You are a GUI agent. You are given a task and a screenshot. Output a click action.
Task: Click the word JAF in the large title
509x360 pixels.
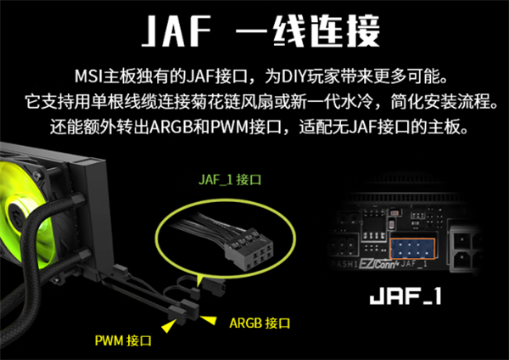tap(177, 31)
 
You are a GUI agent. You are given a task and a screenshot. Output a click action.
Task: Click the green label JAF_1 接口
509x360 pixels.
tap(230, 180)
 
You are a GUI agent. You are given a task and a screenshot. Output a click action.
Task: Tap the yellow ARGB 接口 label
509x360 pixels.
tap(260, 323)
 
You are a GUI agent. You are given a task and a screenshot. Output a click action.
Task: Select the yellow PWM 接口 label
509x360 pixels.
tap(123, 340)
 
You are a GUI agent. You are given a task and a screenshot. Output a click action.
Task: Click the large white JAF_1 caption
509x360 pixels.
tap(406, 296)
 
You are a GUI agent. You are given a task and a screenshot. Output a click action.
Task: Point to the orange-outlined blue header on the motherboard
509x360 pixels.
tap(412, 249)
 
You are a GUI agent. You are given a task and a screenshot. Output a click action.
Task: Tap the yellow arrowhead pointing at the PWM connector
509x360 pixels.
tap(169, 325)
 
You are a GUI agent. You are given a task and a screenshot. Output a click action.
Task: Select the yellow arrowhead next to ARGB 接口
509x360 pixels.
tap(209, 319)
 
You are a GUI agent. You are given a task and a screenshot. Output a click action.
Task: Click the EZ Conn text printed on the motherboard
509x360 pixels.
tap(378, 264)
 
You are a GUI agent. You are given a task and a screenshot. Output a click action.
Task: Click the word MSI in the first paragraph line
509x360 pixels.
tap(88, 76)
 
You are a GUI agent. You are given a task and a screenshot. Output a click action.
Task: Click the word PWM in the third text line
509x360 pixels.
tap(230, 127)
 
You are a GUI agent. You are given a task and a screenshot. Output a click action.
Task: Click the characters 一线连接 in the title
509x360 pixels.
tap(307, 31)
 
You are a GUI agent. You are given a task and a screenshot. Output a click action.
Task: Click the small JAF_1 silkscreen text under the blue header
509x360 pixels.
tap(414, 264)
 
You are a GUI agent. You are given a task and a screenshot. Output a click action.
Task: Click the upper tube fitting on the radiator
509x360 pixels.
tap(79, 198)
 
